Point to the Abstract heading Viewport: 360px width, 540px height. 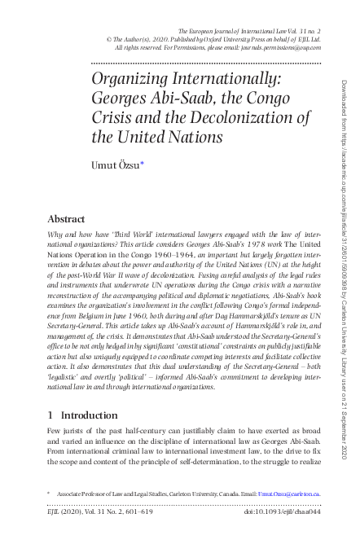click(x=67, y=219)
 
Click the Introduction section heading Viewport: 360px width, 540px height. click(x=90, y=415)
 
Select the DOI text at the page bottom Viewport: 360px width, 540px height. click(x=282, y=512)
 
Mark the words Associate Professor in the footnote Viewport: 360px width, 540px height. click(x=86, y=494)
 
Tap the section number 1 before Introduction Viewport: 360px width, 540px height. click(x=51, y=415)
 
